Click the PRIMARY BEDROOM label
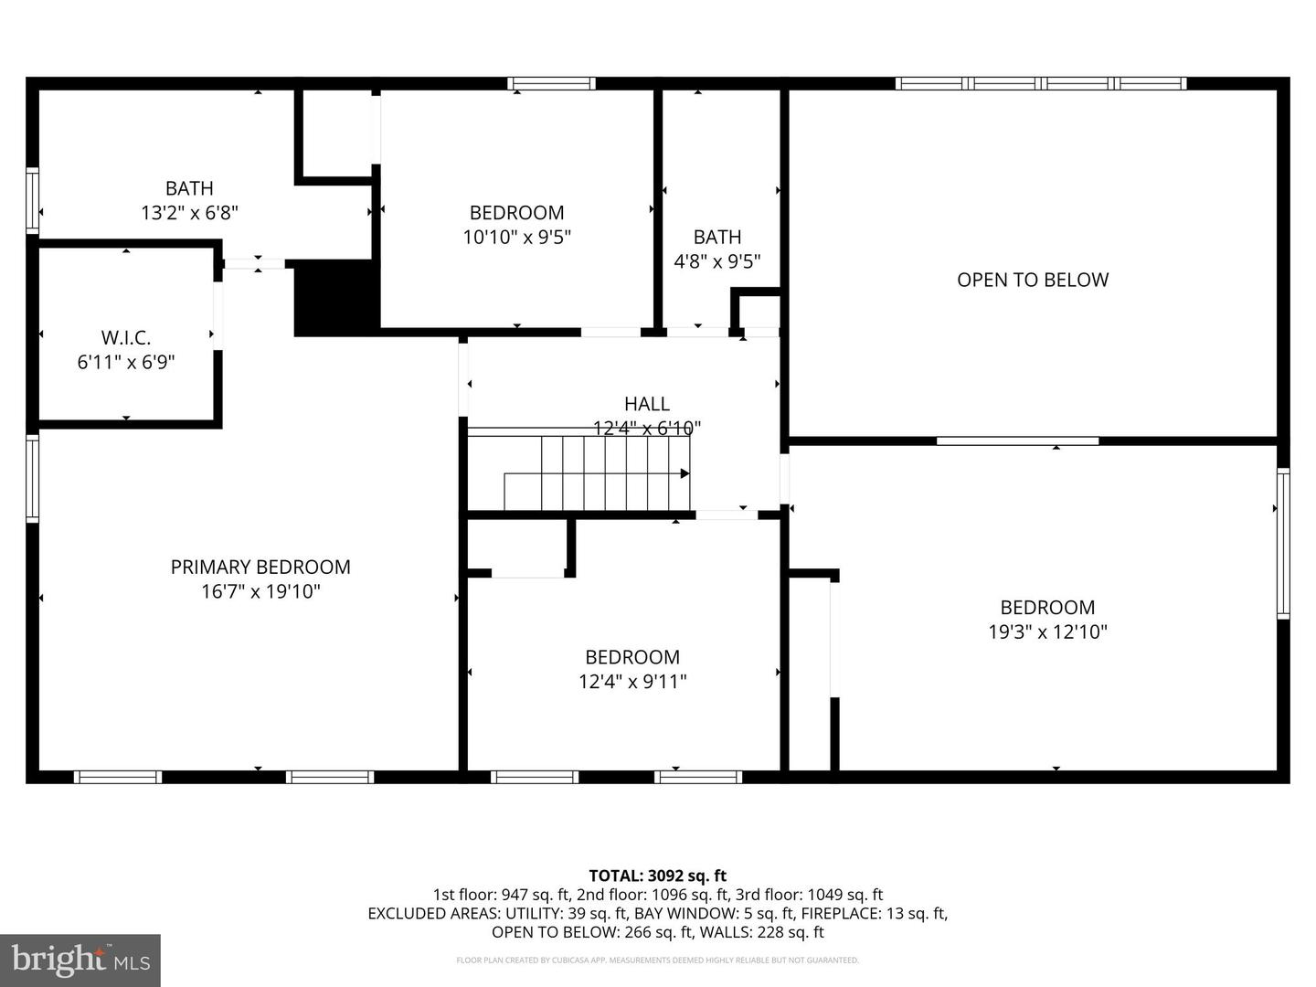pos(260,567)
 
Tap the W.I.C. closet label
pos(126,338)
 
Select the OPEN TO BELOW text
pos(1033,280)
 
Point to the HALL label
pos(647,403)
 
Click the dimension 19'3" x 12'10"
pos(1047,631)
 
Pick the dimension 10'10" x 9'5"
pos(517,237)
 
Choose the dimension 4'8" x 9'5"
pos(717,261)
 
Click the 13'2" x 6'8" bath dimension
pos(189,213)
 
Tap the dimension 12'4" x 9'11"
pos(632,681)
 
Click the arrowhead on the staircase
pos(685,473)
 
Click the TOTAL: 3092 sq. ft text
pos(657,876)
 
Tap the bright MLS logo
pos(80,960)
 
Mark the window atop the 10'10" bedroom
pos(551,83)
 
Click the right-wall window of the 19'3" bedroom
pos(1283,544)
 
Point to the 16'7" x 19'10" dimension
pos(260,591)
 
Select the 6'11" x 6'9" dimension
pos(126,362)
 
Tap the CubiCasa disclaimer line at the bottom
pos(657,960)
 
